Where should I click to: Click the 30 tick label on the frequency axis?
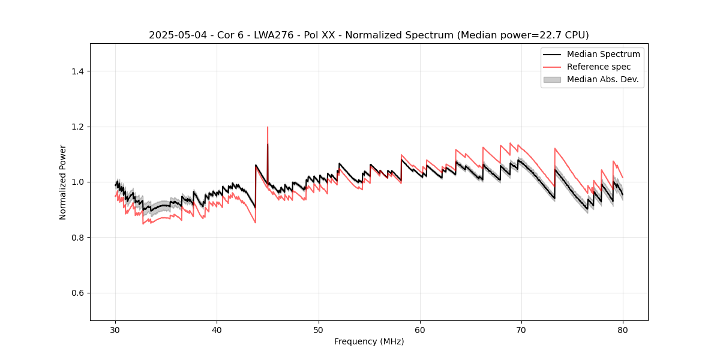tap(116, 330)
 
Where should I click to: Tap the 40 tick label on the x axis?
tap(217, 330)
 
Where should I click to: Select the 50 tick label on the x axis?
tap(319, 330)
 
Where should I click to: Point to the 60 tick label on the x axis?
tap(420, 330)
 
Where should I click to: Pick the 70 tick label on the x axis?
tap(521, 330)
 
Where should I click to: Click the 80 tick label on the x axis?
tap(623, 330)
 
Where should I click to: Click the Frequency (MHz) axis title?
tap(369, 342)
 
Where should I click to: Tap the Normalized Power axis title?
tap(63, 182)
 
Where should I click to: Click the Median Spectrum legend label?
tap(603, 55)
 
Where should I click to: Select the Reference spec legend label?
tap(599, 67)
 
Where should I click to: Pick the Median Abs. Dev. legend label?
tap(602, 79)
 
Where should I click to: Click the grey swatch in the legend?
tap(552, 79)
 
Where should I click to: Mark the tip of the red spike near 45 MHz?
tap(268, 127)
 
